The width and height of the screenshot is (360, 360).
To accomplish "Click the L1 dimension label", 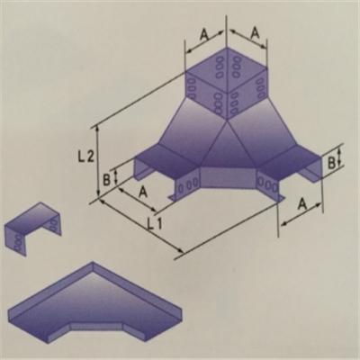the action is click(x=156, y=223).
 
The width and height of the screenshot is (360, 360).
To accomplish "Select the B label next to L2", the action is click(x=106, y=179).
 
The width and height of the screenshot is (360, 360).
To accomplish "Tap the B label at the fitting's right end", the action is click(x=331, y=163).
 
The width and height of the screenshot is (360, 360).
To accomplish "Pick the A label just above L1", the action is click(x=143, y=192).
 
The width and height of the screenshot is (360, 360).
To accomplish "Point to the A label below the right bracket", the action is click(x=302, y=204).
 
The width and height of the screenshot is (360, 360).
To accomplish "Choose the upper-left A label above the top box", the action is click(x=204, y=35).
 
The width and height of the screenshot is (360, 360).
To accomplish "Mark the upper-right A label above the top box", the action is click(x=255, y=33).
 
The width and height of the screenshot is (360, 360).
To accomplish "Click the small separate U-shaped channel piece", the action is click(x=33, y=229).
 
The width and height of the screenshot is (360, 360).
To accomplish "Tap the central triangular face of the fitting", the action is click(x=227, y=148).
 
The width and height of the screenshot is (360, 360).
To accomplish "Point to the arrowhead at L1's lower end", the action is click(x=181, y=251).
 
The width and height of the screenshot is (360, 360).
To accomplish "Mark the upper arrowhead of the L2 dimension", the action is click(x=97, y=129).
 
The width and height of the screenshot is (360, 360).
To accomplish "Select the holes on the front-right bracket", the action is click(x=268, y=184).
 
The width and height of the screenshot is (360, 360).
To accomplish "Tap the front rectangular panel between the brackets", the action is click(x=228, y=177).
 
